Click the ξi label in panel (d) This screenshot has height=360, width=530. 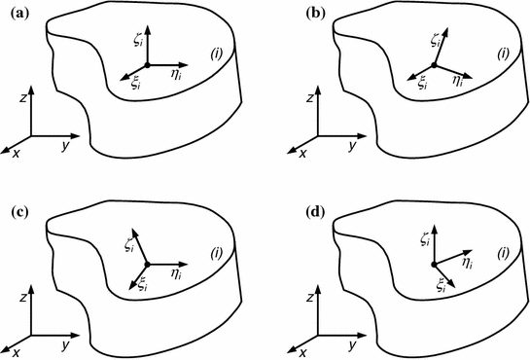(x=440, y=284)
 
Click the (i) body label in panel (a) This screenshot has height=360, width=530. (x=215, y=54)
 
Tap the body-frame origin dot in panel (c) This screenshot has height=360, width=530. (x=146, y=264)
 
